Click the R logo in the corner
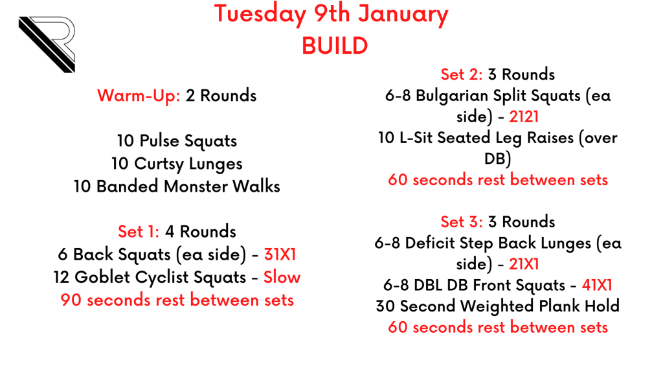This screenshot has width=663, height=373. pyautogui.click(x=47, y=44)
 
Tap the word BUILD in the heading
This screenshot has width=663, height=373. pyautogui.click(x=335, y=46)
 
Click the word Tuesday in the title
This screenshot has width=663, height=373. pyautogui.click(x=260, y=15)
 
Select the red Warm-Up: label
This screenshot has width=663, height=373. pyautogui.click(x=139, y=96)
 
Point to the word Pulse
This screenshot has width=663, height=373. pyautogui.click(x=159, y=141)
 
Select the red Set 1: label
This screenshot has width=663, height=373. pyautogui.click(x=139, y=231)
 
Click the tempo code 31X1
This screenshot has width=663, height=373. pyautogui.click(x=280, y=254)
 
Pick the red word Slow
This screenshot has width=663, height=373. pyautogui.click(x=282, y=277)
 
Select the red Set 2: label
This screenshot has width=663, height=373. pyautogui.click(x=461, y=74)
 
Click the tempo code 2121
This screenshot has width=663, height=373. pyautogui.click(x=524, y=117)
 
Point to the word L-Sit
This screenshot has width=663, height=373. pyautogui.click(x=416, y=137)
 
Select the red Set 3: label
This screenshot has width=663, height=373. pyautogui.click(x=461, y=221)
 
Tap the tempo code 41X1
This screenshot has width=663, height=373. pyautogui.click(x=597, y=285)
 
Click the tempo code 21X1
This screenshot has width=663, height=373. pyautogui.click(x=524, y=264)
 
